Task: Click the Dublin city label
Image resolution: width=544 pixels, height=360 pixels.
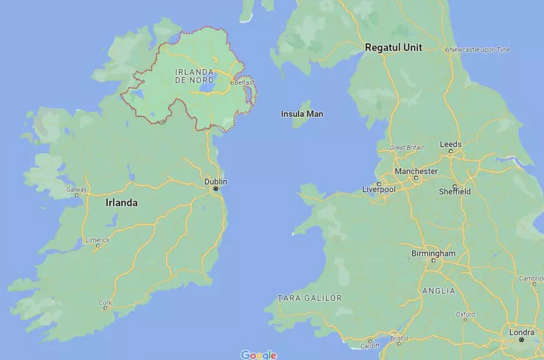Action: tap(216, 181)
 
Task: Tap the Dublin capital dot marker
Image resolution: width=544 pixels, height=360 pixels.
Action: tap(216, 188)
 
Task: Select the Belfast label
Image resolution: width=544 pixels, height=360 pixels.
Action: tap(245, 82)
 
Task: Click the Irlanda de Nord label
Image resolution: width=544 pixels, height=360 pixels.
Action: tap(195, 76)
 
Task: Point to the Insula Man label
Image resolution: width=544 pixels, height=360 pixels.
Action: tap(302, 114)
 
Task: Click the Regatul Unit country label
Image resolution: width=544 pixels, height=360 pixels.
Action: tap(393, 47)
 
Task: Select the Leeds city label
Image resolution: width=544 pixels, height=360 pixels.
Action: tap(450, 144)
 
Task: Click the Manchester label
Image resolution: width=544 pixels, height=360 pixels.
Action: tap(416, 171)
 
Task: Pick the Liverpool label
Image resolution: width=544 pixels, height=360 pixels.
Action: tap(379, 189)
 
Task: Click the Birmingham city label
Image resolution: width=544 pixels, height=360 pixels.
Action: tap(433, 253)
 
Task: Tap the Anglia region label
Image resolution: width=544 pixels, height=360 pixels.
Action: tap(439, 291)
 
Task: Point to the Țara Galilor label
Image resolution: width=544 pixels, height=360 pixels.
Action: tap(310, 298)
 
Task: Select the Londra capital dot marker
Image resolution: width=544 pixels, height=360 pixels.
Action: tap(521, 340)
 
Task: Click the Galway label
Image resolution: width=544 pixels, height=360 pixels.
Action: tap(76, 189)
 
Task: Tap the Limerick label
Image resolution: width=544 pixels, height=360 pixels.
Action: tap(98, 239)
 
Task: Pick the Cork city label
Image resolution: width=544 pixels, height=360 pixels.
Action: tap(105, 302)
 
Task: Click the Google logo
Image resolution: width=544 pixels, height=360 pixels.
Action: tap(258, 354)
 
